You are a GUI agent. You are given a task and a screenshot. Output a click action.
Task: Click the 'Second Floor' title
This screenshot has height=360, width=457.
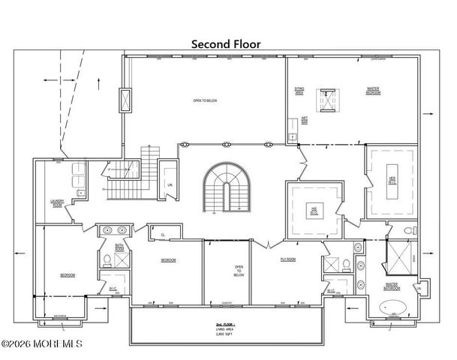pyautogui.click(x=225, y=44)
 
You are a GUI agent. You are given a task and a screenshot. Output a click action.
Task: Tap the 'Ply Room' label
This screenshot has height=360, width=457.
pyautogui.click(x=287, y=260)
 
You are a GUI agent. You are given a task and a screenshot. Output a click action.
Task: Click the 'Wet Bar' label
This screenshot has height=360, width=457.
pyautogui.click(x=305, y=120)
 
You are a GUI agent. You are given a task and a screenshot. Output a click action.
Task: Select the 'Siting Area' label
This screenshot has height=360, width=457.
pyautogui.click(x=298, y=91)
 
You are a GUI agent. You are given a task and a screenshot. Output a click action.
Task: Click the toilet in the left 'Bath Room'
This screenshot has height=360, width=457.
pyautogui.click(x=107, y=260)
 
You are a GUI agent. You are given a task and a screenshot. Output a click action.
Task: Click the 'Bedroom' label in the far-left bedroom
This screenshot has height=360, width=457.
pyautogui.click(x=68, y=276)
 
